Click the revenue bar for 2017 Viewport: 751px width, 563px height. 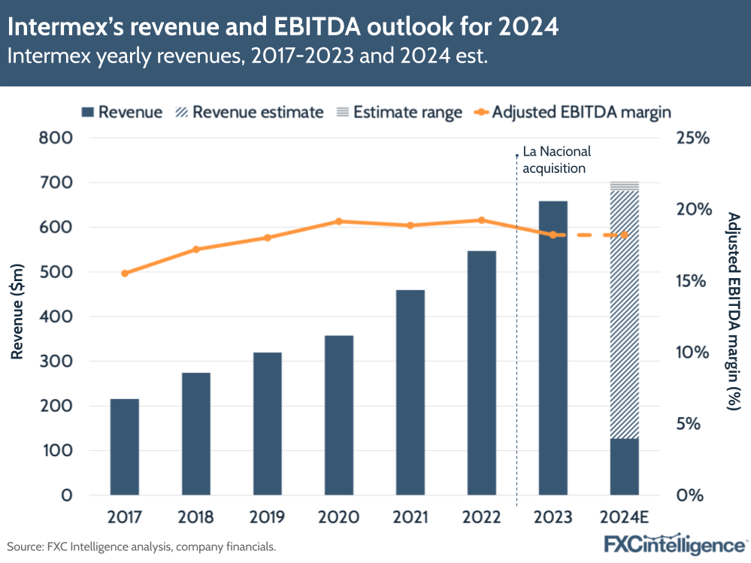(124, 446)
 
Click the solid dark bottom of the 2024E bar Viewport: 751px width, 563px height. (624, 467)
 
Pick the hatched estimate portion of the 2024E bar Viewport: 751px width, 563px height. (624, 316)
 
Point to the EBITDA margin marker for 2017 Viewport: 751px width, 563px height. (125, 274)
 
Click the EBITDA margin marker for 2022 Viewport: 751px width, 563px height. (482, 220)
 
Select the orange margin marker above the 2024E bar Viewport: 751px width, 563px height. (624, 235)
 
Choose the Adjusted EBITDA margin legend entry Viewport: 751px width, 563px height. (571, 113)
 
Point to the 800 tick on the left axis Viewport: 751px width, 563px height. (56, 138)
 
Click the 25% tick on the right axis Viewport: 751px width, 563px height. (692, 138)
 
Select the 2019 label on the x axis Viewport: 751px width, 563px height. (267, 518)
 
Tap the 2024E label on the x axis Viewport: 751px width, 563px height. (624, 518)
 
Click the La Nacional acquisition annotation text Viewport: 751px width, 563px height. (553, 160)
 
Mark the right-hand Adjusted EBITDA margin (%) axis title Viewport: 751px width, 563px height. (734, 312)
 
